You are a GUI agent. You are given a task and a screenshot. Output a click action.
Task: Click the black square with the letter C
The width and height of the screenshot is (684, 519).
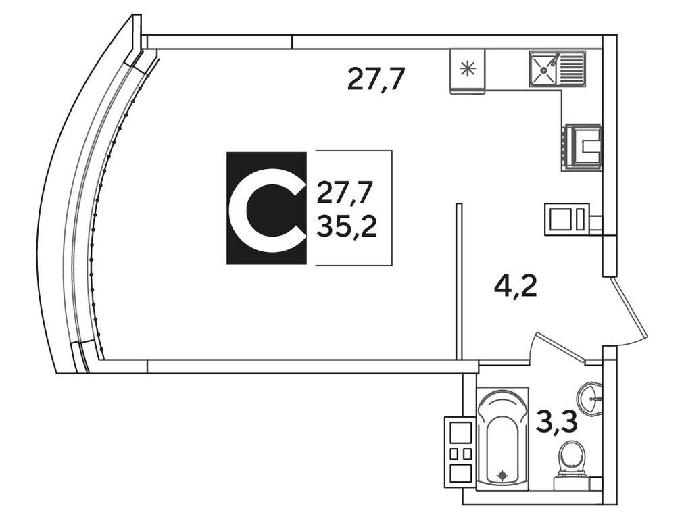(266, 208)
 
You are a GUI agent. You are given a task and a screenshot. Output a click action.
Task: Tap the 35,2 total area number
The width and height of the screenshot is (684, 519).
(347, 227)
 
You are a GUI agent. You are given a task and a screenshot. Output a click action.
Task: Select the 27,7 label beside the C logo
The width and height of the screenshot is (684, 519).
(346, 193)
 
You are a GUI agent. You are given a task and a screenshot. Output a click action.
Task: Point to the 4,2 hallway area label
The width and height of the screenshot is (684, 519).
(515, 287)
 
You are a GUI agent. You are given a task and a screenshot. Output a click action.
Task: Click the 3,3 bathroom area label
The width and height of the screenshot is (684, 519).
(557, 422)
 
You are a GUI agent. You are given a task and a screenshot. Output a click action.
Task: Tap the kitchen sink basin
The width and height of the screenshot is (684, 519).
(543, 68)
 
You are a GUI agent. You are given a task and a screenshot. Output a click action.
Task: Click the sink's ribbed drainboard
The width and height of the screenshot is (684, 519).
(571, 68)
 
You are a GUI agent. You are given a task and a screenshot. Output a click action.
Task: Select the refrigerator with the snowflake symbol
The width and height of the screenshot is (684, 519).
(467, 71)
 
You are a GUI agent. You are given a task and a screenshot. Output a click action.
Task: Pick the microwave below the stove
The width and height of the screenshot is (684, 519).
(567, 220)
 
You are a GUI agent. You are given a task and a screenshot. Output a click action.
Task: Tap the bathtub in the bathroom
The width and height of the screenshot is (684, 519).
(503, 439)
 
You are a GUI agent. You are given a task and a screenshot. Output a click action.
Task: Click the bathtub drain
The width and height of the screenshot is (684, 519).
(503, 475)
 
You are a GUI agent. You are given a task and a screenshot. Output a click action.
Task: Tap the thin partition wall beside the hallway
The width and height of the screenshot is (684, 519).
(458, 281)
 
